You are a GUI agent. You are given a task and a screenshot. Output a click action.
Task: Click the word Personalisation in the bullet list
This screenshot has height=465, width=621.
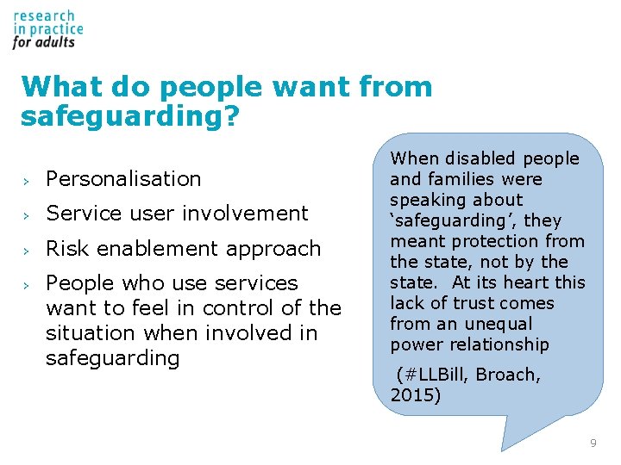click(x=123, y=179)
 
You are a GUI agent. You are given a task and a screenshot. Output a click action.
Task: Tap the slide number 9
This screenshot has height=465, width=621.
click(x=593, y=443)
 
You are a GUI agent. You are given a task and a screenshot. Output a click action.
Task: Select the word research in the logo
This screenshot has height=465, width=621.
click(x=44, y=15)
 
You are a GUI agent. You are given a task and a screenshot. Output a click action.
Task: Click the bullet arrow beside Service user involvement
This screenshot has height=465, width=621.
click(x=27, y=214)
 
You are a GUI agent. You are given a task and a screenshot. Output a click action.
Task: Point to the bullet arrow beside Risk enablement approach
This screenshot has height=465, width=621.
click(x=27, y=250)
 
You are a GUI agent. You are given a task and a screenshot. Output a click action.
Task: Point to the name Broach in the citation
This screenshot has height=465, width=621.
click(x=508, y=375)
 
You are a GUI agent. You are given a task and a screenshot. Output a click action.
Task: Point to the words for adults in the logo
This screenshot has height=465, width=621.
click(x=44, y=41)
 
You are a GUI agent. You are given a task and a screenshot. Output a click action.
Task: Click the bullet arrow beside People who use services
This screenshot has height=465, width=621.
click(x=27, y=284)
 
